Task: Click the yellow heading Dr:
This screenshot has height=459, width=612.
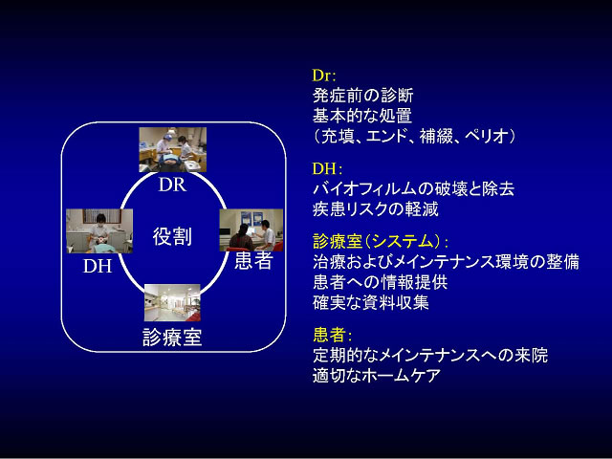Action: [x=324, y=76]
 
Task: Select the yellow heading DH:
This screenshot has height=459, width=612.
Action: [x=327, y=168]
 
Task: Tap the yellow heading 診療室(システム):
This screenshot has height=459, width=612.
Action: [x=381, y=241]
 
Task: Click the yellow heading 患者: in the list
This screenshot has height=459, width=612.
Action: [x=333, y=335]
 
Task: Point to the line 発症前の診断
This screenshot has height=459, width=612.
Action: [x=362, y=96]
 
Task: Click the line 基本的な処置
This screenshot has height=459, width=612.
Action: [x=362, y=116]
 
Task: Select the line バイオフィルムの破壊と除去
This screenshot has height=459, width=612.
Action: [x=413, y=189]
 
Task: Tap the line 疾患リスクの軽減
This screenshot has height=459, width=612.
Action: [x=376, y=209]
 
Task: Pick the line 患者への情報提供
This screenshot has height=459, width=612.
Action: [x=380, y=282]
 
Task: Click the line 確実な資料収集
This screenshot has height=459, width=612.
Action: [x=371, y=302]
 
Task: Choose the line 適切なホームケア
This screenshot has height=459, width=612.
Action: [x=377, y=376]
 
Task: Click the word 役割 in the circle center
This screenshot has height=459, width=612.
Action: [x=172, y=236]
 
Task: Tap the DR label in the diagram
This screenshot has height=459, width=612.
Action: [x=172, y=185]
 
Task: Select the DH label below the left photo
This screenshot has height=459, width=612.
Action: [x=98, y=266]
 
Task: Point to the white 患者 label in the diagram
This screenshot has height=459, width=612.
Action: [x=253, y=261]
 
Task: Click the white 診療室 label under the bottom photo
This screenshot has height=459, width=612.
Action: [x=172, y=338]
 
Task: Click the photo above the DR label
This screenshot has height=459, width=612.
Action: [x=173, y=149]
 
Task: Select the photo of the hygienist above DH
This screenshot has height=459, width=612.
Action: [x=99, y=231]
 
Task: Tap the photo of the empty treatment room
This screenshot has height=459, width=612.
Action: [x=172, y=303]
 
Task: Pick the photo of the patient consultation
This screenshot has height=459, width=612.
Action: [x=251, y=230]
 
